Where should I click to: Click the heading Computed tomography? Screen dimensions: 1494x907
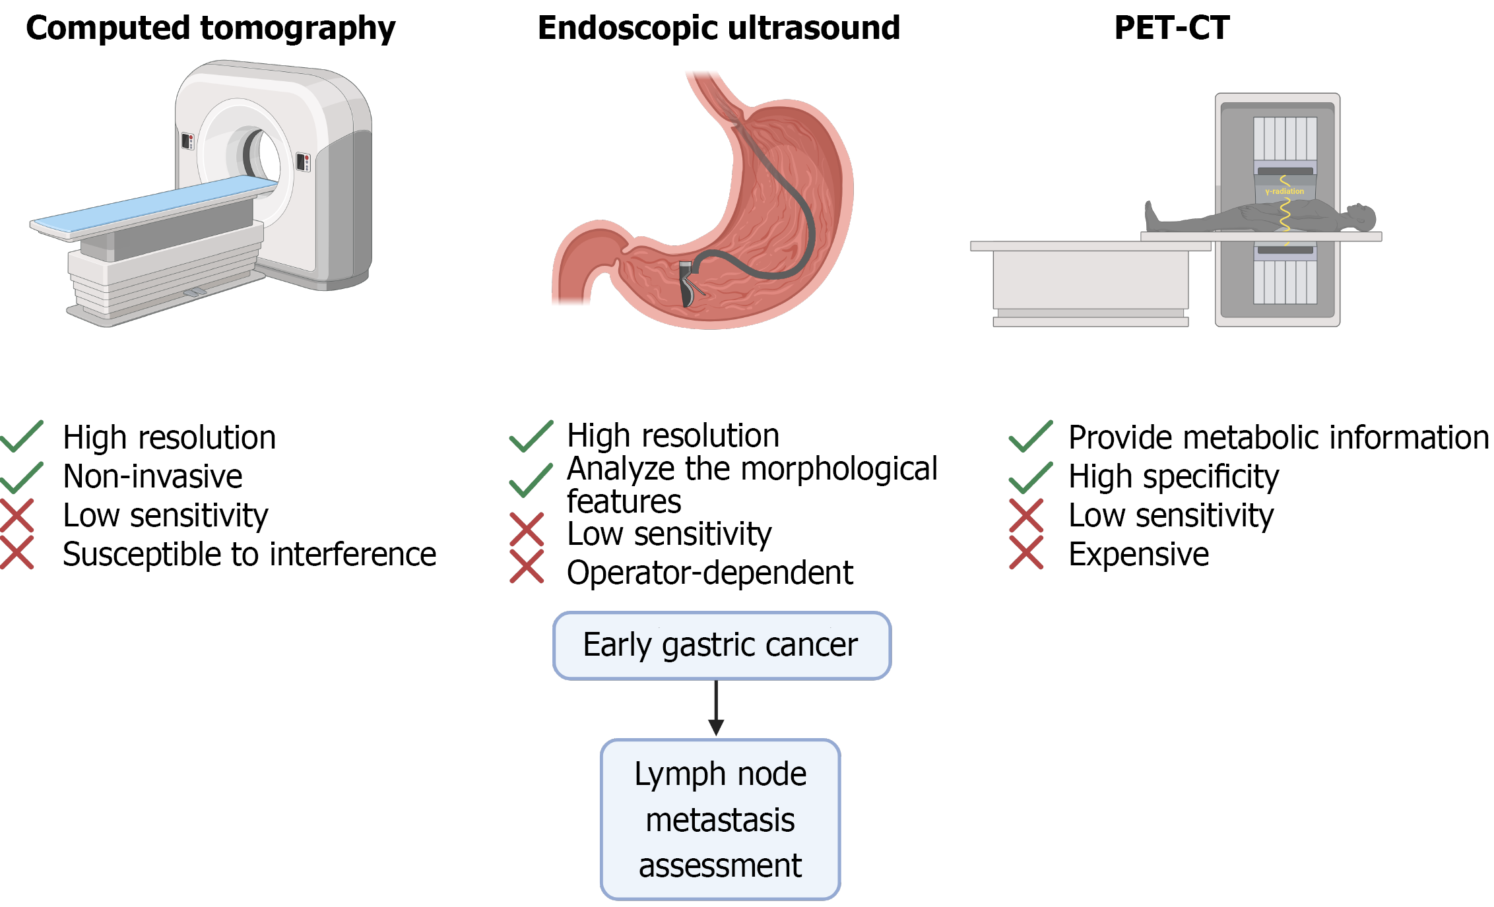click(211, 29)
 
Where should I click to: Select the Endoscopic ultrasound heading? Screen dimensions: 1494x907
click(719, 28)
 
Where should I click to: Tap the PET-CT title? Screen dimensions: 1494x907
click(1172, 28)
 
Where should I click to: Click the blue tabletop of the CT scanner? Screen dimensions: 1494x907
click(155, 204)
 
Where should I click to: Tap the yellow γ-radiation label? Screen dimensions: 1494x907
click(1284, 191)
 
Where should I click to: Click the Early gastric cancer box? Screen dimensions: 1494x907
click(722, 645)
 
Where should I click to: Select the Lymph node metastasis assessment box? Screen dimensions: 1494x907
click(721, 819)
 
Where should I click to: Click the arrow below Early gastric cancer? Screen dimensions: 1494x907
click(716, 708)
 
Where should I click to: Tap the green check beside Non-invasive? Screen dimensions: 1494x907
click(22, 477)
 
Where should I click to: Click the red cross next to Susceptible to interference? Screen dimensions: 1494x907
click(17, 553)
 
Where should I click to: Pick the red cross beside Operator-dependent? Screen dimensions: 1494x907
click(527, 567)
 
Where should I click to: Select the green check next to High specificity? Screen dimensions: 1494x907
click(1031, 477)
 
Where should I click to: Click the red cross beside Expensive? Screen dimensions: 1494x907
click(1026, 553)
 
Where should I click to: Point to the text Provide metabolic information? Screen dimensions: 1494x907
click(1279, 438)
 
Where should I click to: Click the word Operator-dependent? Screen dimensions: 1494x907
click(710, 573)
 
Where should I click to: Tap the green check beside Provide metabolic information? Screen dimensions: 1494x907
click(1031, 436)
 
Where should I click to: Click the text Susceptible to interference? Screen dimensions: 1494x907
click(249, 554)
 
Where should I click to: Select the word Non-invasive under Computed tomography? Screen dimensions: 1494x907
click(152, 476)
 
